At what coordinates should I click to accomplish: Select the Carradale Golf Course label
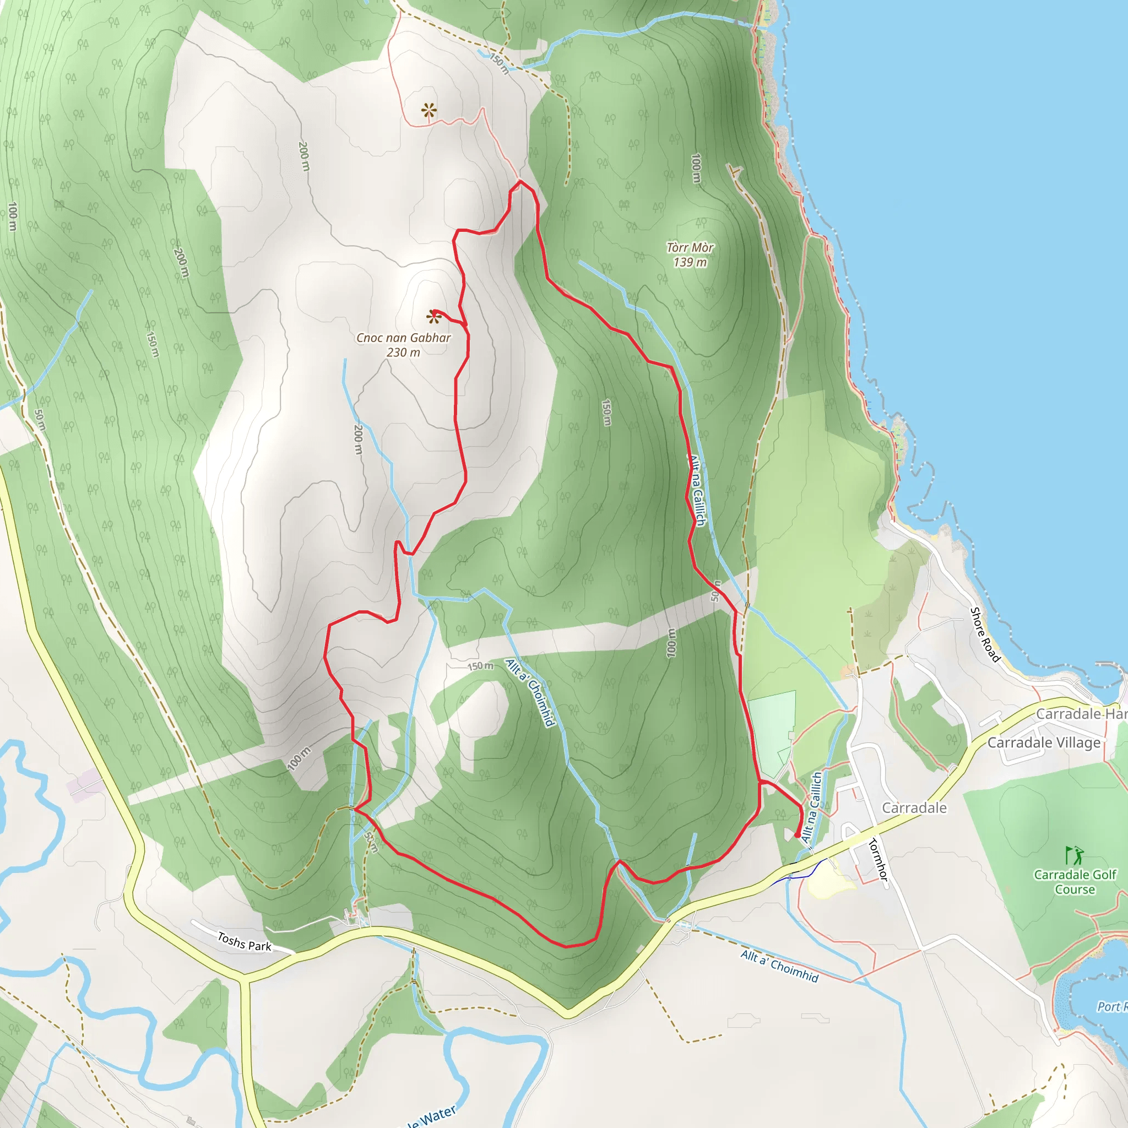pyautogui.click(x=1075, y=882)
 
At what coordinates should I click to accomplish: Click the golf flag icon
pyautogui.click(x=1073, y=855)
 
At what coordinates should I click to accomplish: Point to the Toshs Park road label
pyautogui.click(x=245, y=942)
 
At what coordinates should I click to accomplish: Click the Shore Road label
pyautogui.click(x=985, y=634)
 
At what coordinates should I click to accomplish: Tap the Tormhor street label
pyautogui.click(x=878, y=859)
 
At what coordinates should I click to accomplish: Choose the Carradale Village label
pyautogui.click(x=1044, y=742)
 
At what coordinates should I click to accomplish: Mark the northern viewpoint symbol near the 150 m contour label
pyautogui.click(x=429, y=110)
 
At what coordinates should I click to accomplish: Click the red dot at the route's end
pyautogui.click(x=798, y=836)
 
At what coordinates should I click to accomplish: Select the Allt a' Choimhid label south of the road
pyautogui.click(x=779, y=966)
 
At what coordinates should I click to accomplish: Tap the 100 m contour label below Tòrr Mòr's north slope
pyautogui.click(x=696, y=168)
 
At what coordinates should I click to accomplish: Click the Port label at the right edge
pyautogui.click(x=1108, y=1007)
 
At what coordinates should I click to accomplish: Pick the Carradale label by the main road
pyautogui.click(x=914, y=808)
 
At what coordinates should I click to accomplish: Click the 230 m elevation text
pyautogui.click(x=403, y=352)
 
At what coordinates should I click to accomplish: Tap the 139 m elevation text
pyautogui.click(x=690, y=263)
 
